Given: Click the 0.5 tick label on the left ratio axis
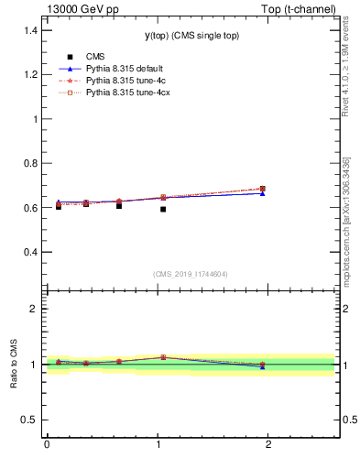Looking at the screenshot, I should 29,420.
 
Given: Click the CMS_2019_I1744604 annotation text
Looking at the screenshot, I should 190,274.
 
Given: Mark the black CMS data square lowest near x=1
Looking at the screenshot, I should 163,209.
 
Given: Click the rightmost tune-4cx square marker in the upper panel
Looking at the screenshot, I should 263,189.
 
